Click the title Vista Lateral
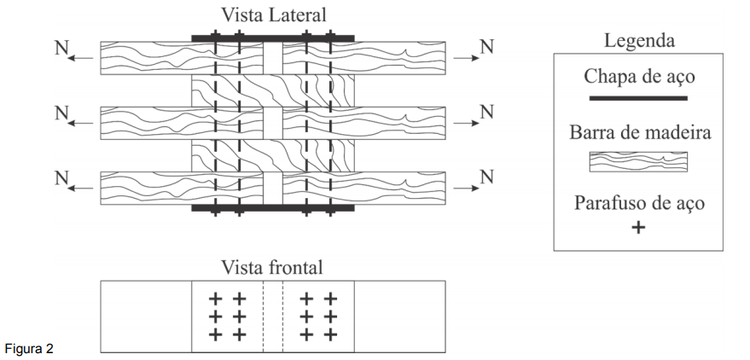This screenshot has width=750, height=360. pyautogui.click(x=273, y=15)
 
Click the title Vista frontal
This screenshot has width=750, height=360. pyautogui.click(x=272, y=267)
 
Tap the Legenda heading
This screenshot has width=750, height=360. pyautogui.click(x=639, y=40)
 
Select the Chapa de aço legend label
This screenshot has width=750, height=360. pyautogui.click(x=639, y=76)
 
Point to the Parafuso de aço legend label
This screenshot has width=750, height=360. pyautogui.click(x=639, y=205)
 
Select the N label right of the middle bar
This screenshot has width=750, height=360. pyautogui.click(x=486, y=112)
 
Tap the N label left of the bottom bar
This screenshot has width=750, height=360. pyautogui.click(x=61, y=177)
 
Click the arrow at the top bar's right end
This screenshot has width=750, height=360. pyautogui.click(x=465, y=58)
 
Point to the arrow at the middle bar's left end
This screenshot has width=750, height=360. pyautogui.click(x=82, y=124)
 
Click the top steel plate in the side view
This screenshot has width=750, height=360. pyautogui.click(x=273, y=38)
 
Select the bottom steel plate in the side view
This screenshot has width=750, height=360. pyautogui.click(x=273, y=207)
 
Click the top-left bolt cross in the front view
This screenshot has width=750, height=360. pyautogui.click(x=216, y=299)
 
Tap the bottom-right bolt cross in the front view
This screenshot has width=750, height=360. pyautogui.click(x=330, y=334)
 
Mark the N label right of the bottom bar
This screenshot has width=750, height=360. pyautogui.click(x=486, y=177)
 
